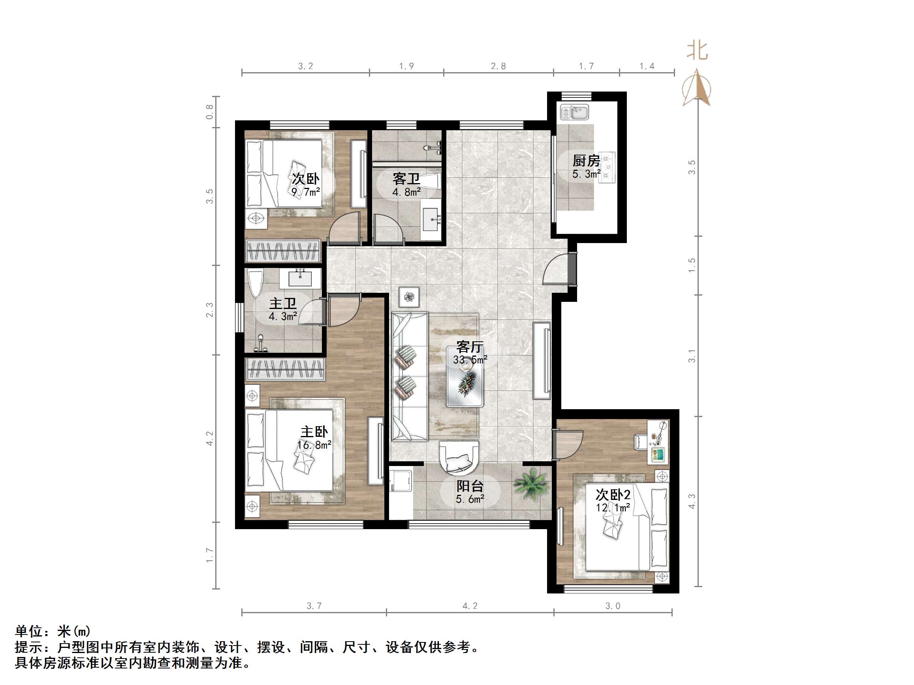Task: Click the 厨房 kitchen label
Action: (586, 161)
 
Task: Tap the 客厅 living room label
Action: (470, 347)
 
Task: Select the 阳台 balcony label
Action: (470, 486)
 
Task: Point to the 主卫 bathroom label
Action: (283, 303)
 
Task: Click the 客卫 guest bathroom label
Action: (406, 179)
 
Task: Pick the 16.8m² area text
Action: (314, 445)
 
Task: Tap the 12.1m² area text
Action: (613, 507)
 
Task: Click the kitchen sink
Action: (574, 112)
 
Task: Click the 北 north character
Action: (698, 51)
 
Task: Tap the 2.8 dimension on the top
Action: (498, 66)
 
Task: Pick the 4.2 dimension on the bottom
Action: (470, 606)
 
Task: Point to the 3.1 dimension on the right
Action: (692, 356)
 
